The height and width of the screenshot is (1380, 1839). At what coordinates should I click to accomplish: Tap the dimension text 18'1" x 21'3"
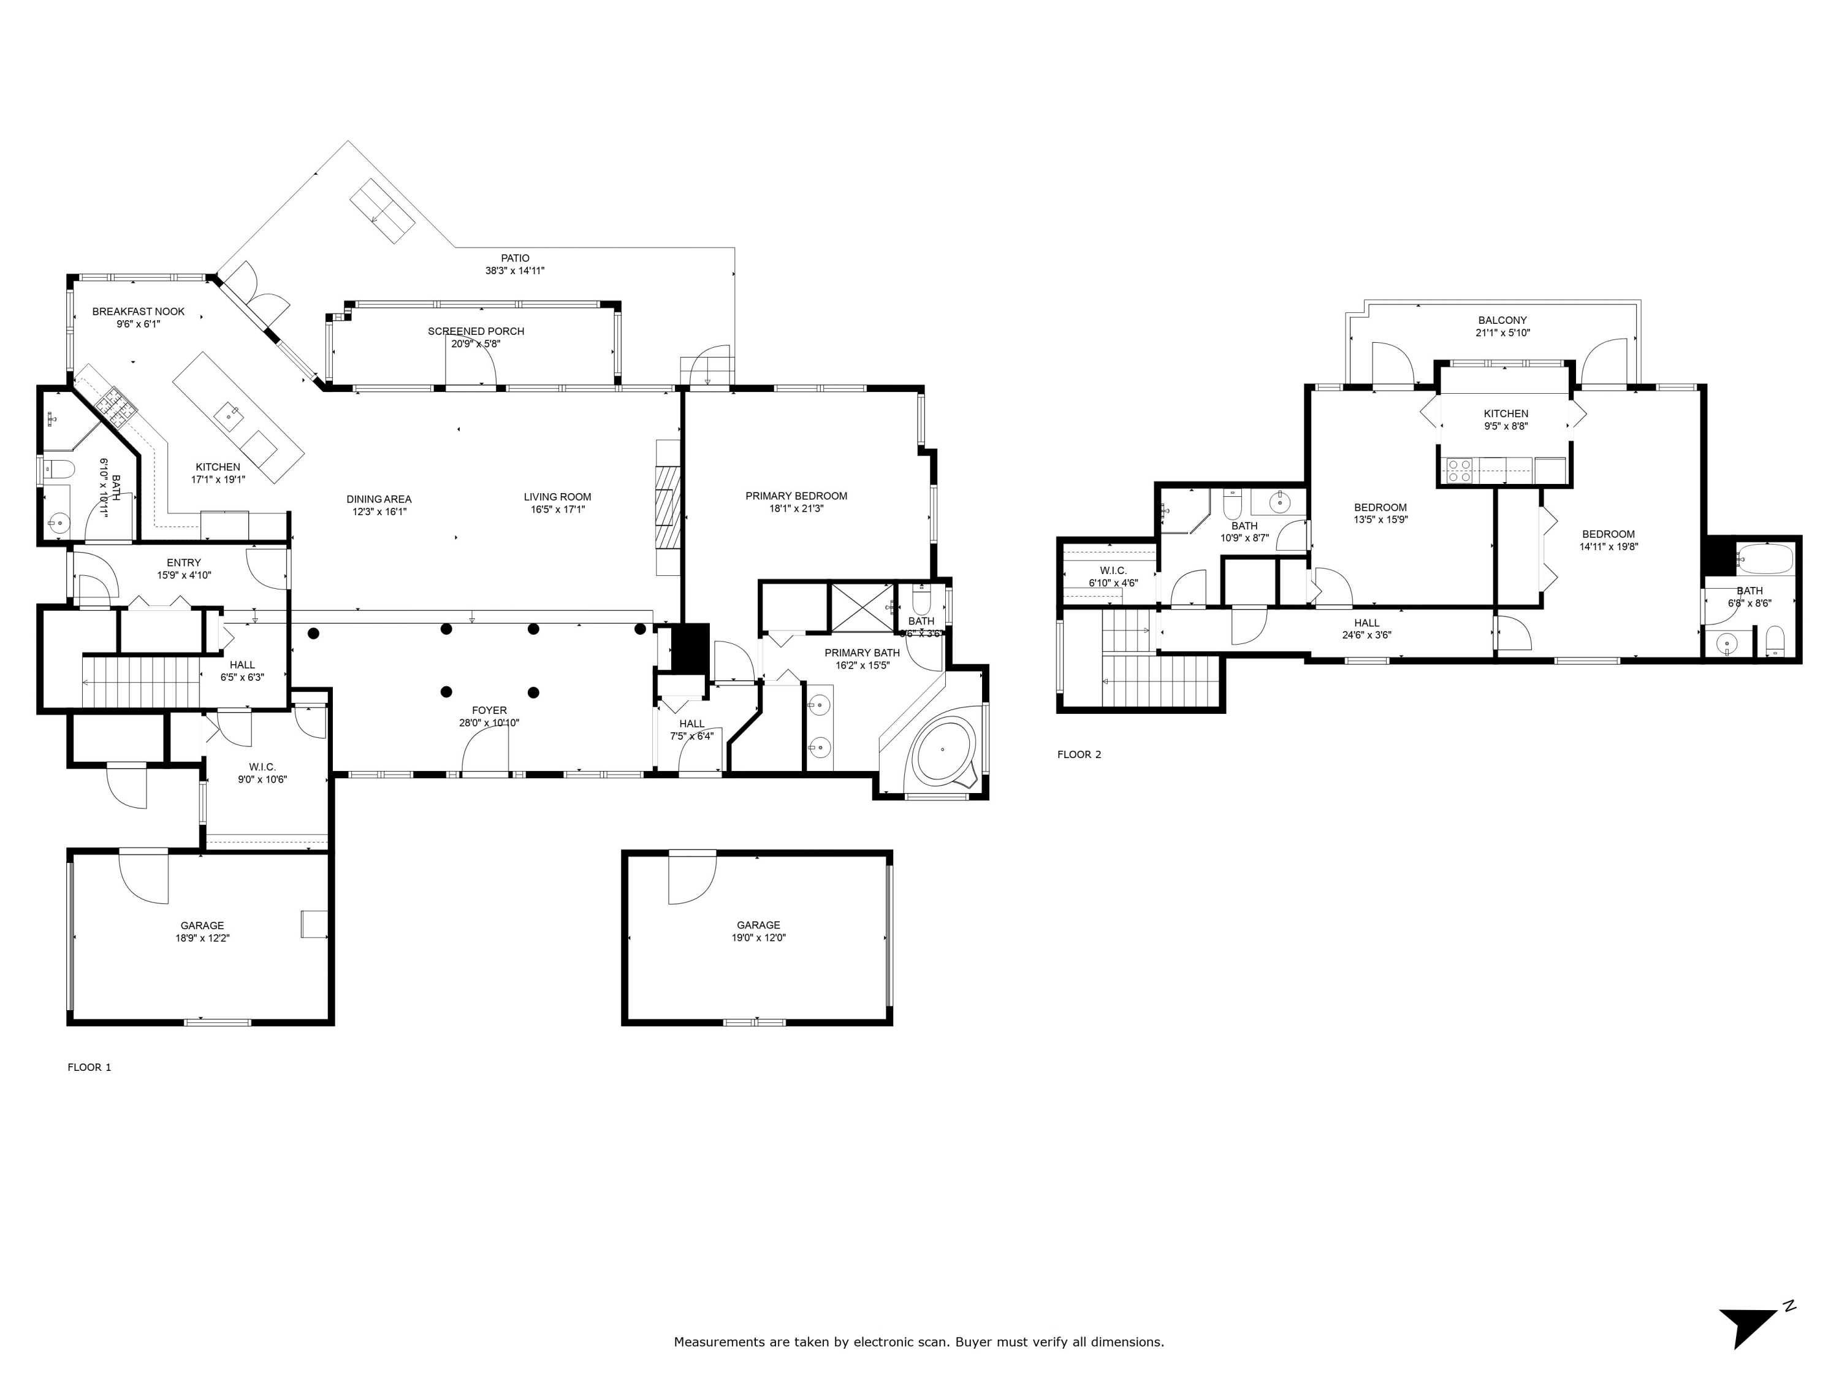(796, 509)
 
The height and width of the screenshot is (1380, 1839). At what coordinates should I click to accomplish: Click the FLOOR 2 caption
(1078, 754)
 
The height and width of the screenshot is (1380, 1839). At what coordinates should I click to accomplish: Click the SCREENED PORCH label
(476, 331)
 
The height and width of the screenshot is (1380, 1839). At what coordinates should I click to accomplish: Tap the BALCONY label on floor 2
(1501, 320)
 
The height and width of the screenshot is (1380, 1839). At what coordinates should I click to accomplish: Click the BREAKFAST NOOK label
(138, 312)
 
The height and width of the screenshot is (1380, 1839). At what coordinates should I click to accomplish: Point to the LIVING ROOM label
(557, 497)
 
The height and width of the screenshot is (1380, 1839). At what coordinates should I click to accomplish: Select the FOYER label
(489, 710)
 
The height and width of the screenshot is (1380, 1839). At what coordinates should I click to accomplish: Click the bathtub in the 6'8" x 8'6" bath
(1764, 559)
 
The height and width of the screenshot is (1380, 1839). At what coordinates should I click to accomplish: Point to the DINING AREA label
(378, 499)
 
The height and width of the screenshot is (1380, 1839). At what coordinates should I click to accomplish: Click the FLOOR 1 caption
(89, 1067)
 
